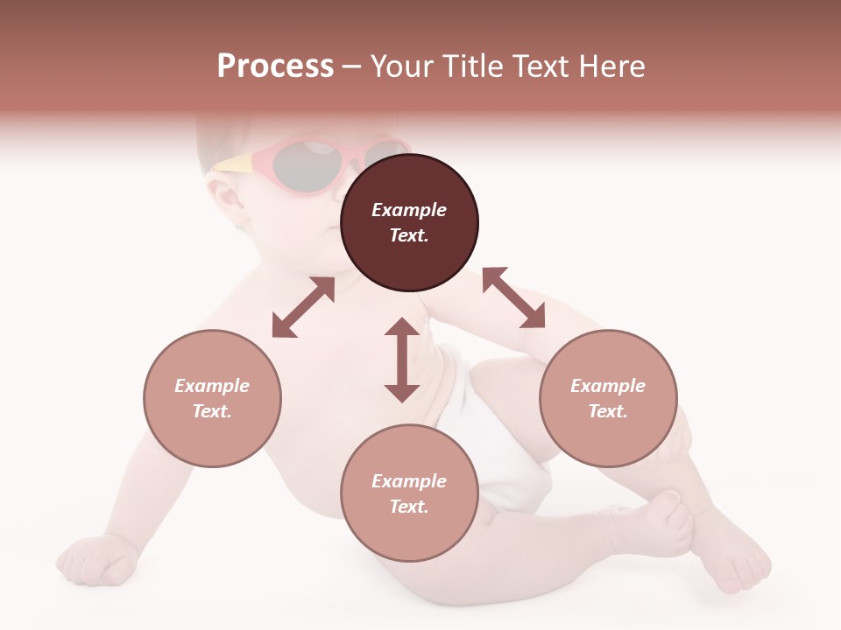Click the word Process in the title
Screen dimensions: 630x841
275,66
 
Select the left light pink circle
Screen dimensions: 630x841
212,398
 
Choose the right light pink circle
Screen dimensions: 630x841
608,398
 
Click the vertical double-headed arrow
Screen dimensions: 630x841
402,360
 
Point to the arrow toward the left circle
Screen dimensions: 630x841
303,307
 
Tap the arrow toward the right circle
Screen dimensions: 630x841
513,297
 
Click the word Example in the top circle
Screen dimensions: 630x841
409,210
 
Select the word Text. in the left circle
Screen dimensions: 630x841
212,411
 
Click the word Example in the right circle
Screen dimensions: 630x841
608,386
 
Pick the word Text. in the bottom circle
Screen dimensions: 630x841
409,507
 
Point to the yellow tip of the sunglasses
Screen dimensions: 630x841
230,163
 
